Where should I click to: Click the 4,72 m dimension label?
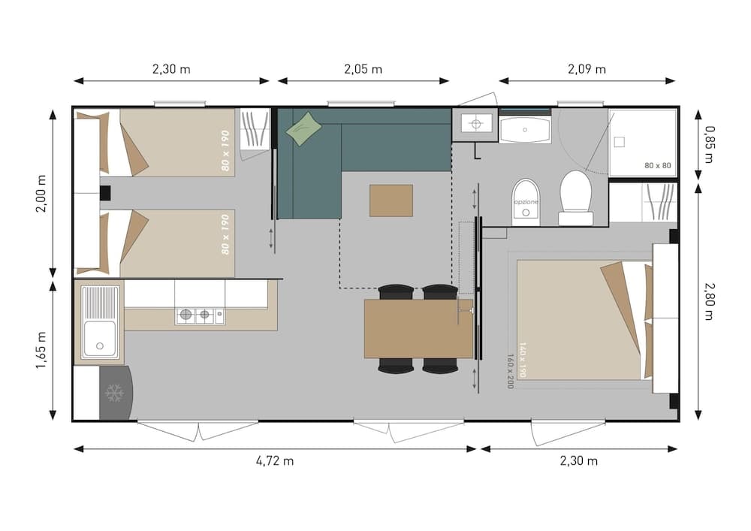coord(274,461)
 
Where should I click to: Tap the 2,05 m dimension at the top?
coord(363,69)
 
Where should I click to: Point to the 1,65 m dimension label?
coord(41,351)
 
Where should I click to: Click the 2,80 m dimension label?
coord(709,300)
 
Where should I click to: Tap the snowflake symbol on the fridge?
coord(114,393)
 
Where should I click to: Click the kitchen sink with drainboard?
coord(99,322)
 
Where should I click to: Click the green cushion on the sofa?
coord(303,128)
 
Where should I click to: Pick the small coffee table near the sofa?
coord(391,201)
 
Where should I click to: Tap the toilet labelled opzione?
coord(526,203)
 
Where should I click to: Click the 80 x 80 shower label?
coord(658,164)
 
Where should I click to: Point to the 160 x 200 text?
coord(510,370)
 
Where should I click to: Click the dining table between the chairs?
coord(418,328)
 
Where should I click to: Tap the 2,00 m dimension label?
coord(41,193)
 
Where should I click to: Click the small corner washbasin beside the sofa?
coord(474,125)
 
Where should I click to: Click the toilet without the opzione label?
coord(577,198)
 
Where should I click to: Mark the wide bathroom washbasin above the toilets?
coord(524,129)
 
